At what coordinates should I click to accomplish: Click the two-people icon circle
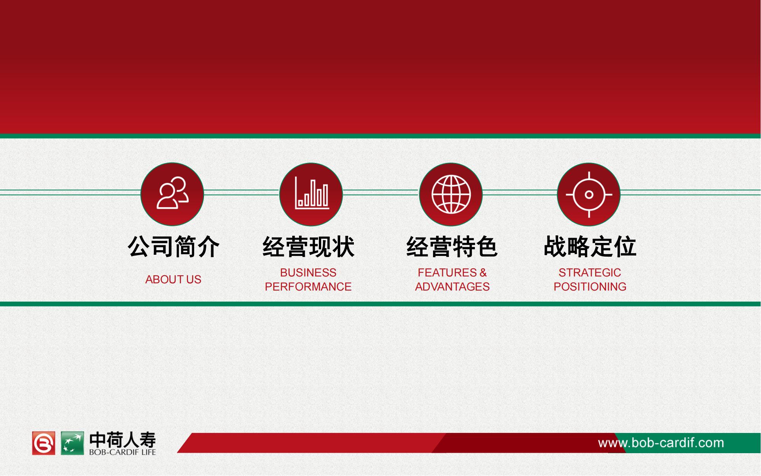pos(172,194)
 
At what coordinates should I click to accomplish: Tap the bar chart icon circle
pos(311,194)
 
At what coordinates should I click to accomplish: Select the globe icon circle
pos(451,194)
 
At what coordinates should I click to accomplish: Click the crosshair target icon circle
pos(589,194)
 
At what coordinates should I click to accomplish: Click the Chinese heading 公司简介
pos(174,247)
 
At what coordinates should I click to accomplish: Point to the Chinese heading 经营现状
pos(309,247)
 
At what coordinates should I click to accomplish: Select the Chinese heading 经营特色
pos(452,247)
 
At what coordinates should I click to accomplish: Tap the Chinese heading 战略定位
pos(590,247)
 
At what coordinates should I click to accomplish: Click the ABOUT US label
pos(173,280)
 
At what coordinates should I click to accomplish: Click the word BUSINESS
pos(308,273)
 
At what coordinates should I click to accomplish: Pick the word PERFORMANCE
pos(308,287)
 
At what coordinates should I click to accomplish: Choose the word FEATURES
pos(447,273)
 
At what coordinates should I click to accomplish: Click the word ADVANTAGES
pos(452,287)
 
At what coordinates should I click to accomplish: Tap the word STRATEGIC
pos(590,273)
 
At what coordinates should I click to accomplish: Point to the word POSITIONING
pos(590,287)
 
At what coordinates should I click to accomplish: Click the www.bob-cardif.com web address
pos(661,443)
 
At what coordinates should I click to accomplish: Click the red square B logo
pos(44,443)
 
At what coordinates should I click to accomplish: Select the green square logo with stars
pos(72,443)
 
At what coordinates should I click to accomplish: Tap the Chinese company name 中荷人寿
pos(123,440)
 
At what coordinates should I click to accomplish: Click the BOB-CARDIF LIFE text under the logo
pos(123,452)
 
